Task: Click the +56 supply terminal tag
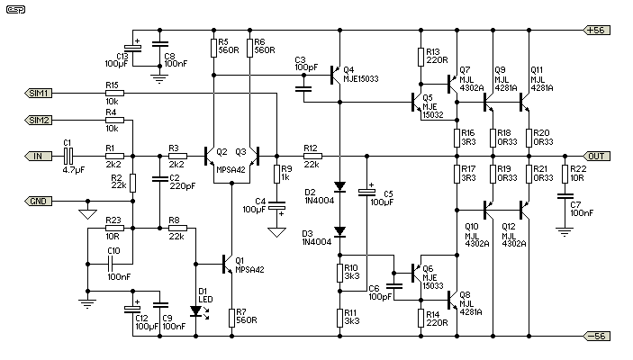(x=597, y=31)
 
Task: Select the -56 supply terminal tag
(x=597, y=336)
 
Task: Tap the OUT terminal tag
(x=597, y=157)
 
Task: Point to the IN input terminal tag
(x=38, y=157)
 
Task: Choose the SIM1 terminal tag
(x=38, y=94)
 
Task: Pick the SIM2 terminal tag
(x=38, y=121)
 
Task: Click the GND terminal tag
(x=38, y=201)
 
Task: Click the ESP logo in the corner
(x=15, y=9)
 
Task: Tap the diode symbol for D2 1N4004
(x=340, y=186)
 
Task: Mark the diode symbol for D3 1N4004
(x=340, y=231)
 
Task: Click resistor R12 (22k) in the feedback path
(x=312, y=157)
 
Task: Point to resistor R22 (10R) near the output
(x=565, y=174)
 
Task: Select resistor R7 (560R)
(x=231, y=318)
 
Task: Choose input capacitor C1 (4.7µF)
(x=68, y=157)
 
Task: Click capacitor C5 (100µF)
(x=367, y=193)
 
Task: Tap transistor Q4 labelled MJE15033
(x=336, y=76)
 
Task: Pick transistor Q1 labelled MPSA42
(x=228, y=265)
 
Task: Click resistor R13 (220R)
(x=420, y=57)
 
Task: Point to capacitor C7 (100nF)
(x=565, y=196)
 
